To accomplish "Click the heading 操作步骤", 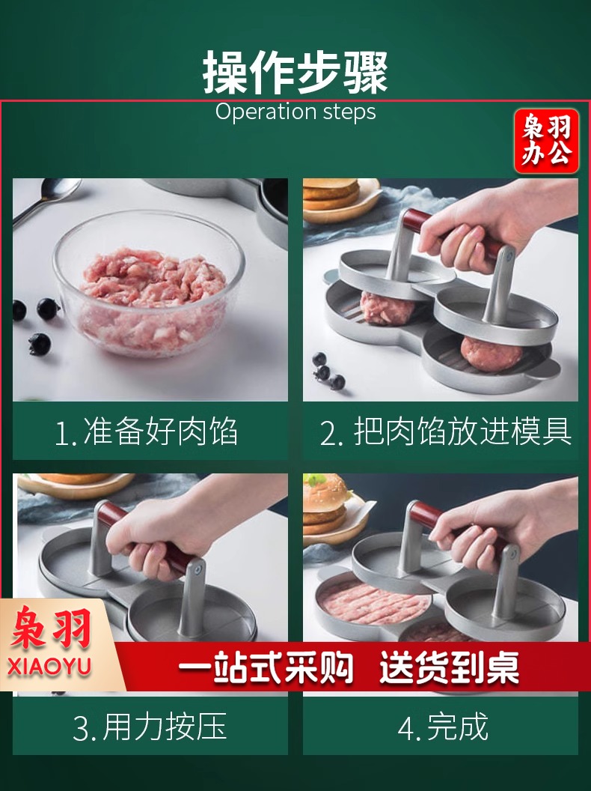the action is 295,72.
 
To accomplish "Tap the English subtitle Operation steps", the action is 295,112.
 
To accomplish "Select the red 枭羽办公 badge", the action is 546,142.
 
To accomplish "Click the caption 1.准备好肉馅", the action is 146,431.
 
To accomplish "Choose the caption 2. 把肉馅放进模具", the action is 445,431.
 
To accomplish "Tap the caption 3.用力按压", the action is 150,727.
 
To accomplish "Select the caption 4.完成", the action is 443,727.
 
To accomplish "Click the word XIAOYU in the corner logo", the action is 49,666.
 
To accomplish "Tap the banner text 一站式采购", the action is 266,667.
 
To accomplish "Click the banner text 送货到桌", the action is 449,667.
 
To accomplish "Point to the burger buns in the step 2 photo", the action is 331,194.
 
